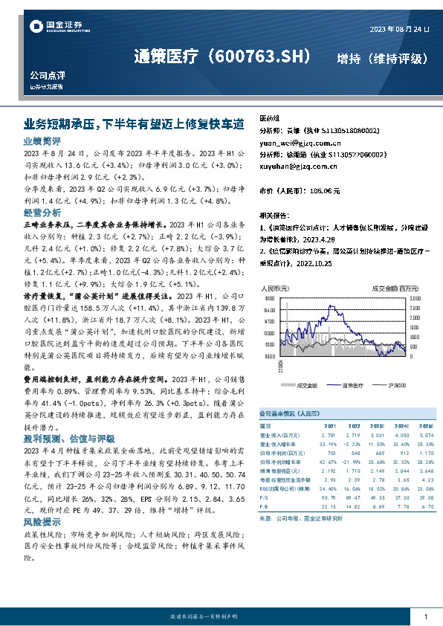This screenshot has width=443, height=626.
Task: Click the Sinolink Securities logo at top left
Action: point(54,28)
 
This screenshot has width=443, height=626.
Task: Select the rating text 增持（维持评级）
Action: point(381,58)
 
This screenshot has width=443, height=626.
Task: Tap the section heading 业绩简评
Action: point(42,141)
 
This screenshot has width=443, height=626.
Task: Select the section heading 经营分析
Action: point(42,212)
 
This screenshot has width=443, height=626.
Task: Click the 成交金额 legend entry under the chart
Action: point(306,385)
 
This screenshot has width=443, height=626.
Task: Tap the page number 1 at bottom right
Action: point(425,617)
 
